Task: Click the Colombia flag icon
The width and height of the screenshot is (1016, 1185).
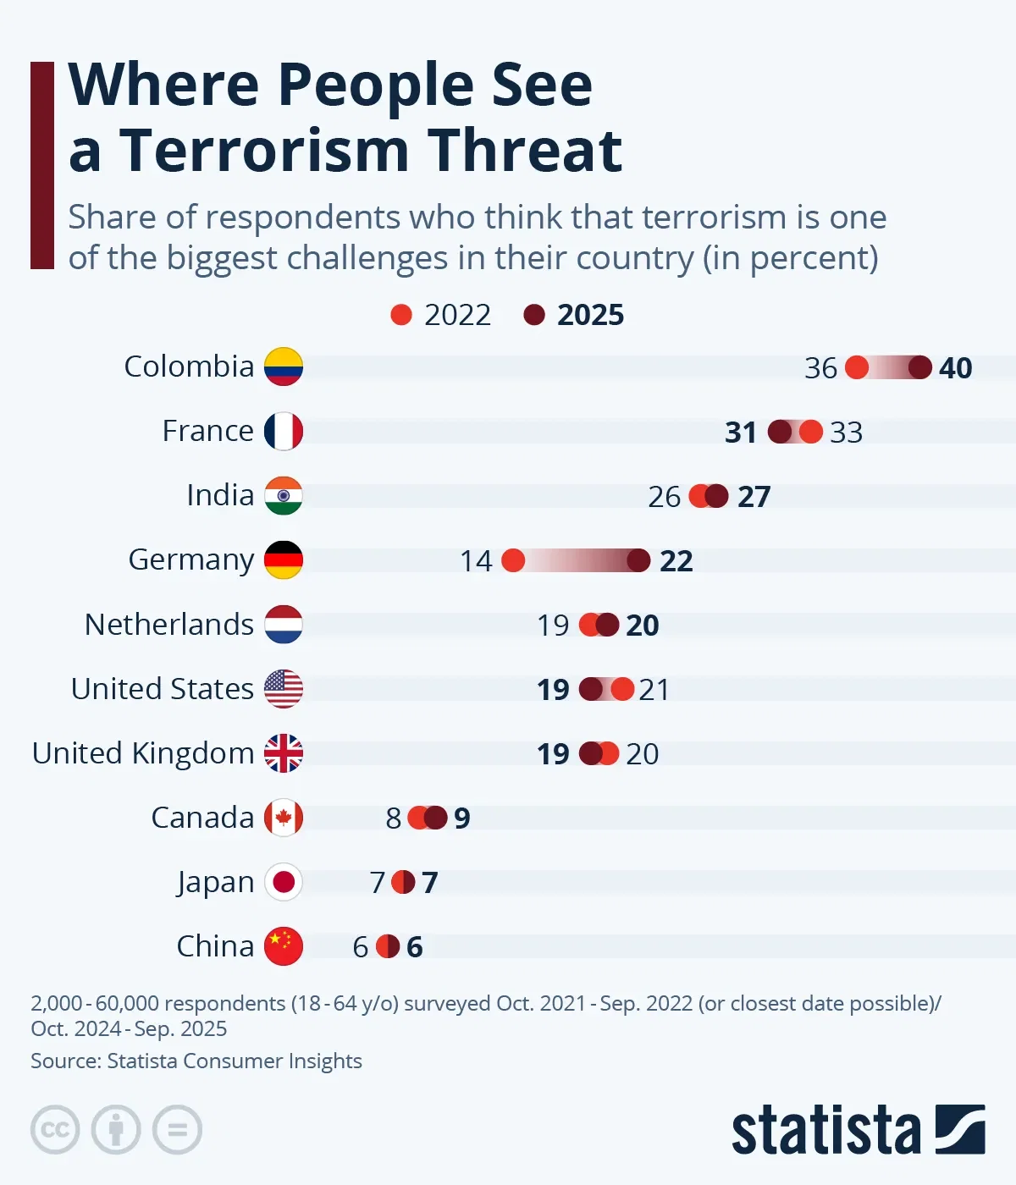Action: (x=284, y=367)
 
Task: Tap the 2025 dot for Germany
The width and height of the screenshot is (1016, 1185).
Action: (x=638, y=560)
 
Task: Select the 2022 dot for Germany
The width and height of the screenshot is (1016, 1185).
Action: (x=513, y=560)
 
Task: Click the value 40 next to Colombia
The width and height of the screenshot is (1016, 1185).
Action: (x=955, y=368)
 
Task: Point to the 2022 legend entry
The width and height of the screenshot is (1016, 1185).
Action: (x=441, y=315)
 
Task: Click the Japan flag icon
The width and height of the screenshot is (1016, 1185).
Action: (x=284, y=882)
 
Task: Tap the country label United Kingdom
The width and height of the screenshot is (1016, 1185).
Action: (x=143, y=753)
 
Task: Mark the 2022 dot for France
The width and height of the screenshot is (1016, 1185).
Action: (x=810, y=432)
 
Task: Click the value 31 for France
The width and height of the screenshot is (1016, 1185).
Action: (x=741, y=433)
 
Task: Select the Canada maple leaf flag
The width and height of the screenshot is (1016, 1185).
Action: (x=284, y=818)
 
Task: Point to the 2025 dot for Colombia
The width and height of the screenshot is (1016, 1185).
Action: (x=920, y=367)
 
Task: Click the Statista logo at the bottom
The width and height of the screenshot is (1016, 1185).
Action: (x=858, y=1130)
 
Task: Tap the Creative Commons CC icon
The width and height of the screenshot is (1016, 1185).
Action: (x=55, y=1130)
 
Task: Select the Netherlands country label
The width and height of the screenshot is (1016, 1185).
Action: (x=169, y=625)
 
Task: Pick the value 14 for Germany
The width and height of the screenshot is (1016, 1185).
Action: (x=476, y=561)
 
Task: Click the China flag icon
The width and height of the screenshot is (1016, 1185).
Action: (x=284, y=946)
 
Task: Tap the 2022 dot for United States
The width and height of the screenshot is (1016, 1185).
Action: (x=622, y=689)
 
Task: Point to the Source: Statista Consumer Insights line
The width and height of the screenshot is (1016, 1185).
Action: (x=196, y=1061)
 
